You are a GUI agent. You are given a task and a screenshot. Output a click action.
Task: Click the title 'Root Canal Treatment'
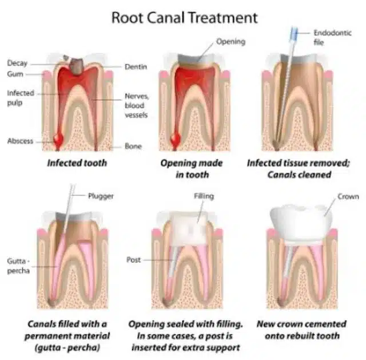point(184,17)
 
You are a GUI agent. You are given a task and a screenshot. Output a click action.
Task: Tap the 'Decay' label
point(17,63)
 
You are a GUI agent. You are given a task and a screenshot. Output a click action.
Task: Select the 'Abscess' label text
point(20,141)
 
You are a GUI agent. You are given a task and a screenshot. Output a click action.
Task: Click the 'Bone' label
point(133,147)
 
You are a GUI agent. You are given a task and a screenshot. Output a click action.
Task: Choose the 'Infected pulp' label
point(21,97)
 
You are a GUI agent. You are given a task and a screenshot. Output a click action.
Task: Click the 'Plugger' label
point(101,196)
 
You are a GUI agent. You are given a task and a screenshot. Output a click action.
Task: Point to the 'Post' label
point(133,260)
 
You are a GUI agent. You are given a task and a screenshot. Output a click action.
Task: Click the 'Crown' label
point(348,196)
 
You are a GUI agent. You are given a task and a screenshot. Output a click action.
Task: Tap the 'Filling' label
point(204,196)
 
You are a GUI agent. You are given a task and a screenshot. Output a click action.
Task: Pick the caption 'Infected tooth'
point(78,163)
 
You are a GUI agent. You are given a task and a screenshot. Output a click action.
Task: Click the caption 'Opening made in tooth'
point(191,168)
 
